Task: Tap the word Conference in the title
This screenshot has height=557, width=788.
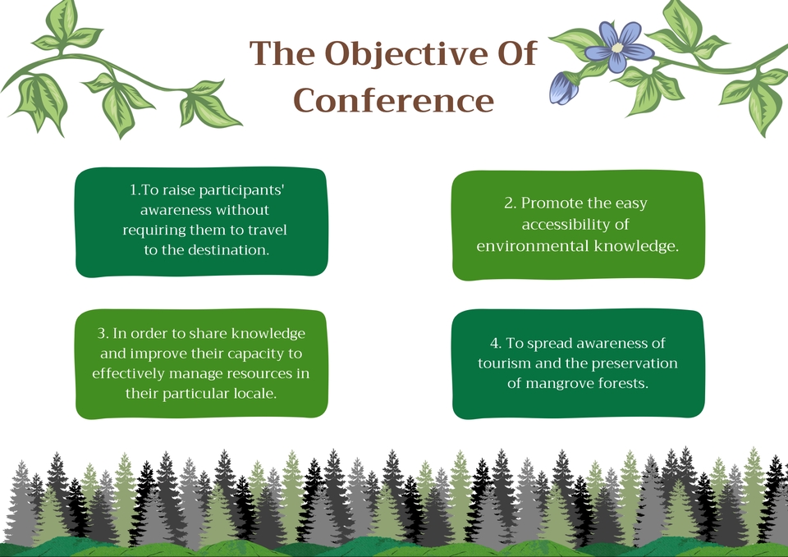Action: pyautogui.click(x=394, y=100)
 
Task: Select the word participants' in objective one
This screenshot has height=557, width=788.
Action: pyautogui.click(x=243, y=189)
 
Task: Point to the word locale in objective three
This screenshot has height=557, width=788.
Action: pyautogui.click(x=254, y=393)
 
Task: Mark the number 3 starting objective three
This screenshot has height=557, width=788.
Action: pyautogui.click(x=102, y=334)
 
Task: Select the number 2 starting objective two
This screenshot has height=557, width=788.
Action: pyautogui.click(x=508, y=203)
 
